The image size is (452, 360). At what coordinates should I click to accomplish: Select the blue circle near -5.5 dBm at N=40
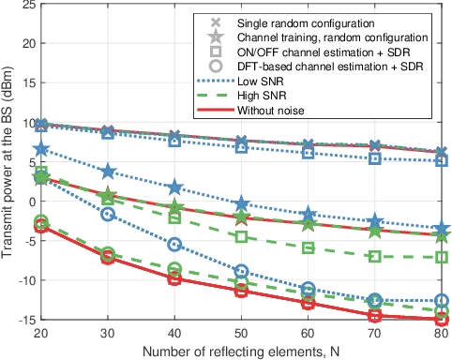(173, 244)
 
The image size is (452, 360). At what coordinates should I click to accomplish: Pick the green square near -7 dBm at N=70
(375, 256)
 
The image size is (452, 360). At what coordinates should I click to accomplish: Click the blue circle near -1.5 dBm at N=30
(107, 214)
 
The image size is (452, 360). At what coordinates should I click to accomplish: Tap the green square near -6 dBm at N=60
(309, 247)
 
